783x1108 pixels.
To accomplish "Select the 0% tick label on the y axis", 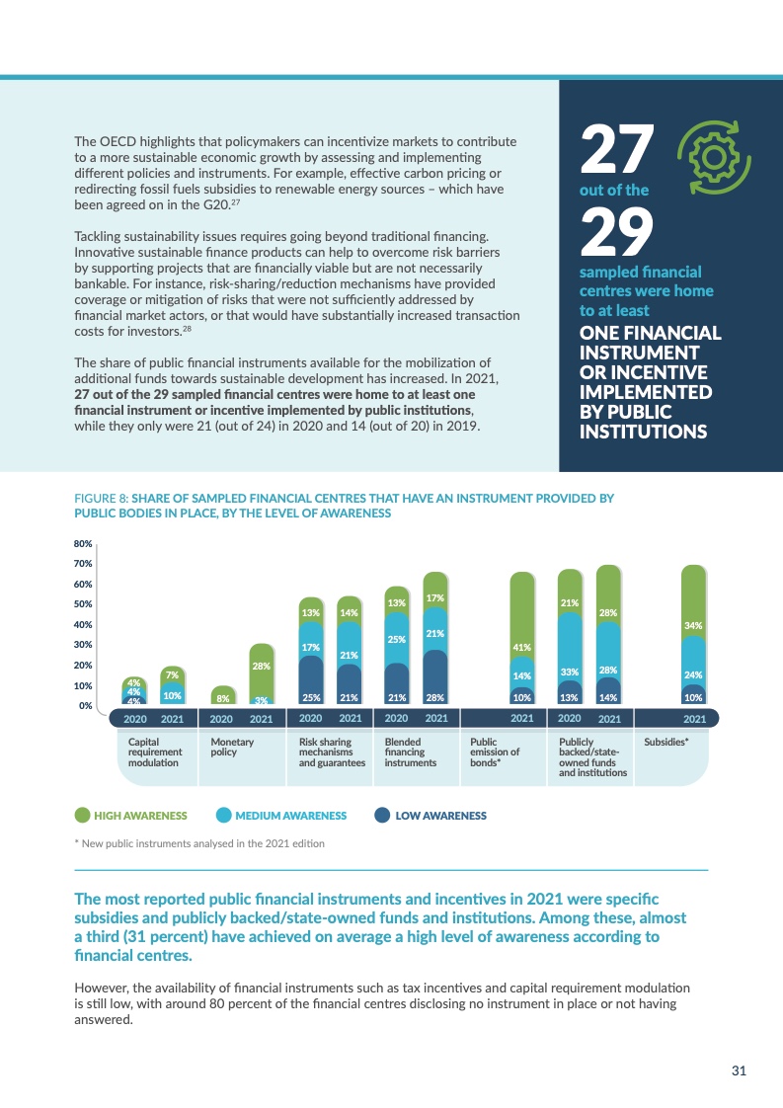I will (85, 706).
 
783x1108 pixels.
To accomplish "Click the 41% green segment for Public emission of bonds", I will (522, 647).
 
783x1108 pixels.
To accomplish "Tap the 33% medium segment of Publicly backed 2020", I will (570, 672).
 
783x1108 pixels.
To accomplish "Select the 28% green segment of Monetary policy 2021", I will (261, 667).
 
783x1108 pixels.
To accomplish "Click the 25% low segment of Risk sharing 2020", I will (310, 697).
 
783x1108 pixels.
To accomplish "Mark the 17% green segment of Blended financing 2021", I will (434, 598).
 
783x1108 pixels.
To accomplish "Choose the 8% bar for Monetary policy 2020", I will (223, 697).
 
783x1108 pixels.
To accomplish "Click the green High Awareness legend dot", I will (83, 816).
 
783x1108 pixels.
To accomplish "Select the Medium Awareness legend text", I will (290, 816).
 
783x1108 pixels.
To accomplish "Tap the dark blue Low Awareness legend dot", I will (381, 816).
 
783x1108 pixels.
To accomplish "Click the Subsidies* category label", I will (666, 741).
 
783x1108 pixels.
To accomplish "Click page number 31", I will (738, 1070).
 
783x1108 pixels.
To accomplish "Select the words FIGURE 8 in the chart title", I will (101, 499).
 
